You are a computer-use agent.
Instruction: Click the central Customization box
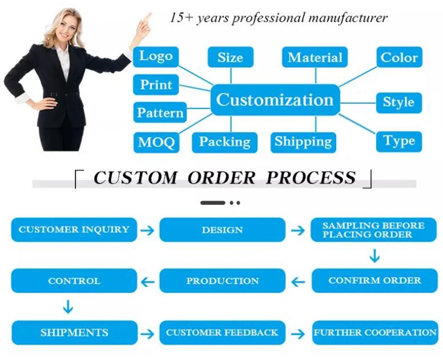[x=275, y=100]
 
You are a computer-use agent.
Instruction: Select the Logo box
[x=156, y=57]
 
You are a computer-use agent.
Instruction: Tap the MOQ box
[x=156, y=142]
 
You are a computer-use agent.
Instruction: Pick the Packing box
[x=224, y=142]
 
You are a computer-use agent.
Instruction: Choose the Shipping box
[x=303, y=142]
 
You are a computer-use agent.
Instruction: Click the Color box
[x=399, y=57]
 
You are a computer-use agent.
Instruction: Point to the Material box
[x=315, y=57]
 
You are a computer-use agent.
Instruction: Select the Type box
[x=399, y=142]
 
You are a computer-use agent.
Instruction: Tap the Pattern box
[x=160, y=112]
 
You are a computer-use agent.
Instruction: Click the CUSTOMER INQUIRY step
[x=74, y=230]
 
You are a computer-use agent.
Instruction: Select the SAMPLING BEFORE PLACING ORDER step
[x=374, y=230]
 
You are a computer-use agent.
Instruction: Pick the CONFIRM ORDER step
[x=374, y=281]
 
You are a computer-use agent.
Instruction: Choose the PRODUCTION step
[x=222, y=281]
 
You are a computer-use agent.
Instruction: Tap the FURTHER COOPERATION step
[x=375, y=333]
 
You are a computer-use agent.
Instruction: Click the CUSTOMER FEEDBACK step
[x=222, y=333]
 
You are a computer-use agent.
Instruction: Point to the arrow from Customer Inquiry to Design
[x=148, y=230]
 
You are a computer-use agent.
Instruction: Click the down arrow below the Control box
[x=68, y=307]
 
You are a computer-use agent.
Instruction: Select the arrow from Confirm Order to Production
[x=298, y=282]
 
